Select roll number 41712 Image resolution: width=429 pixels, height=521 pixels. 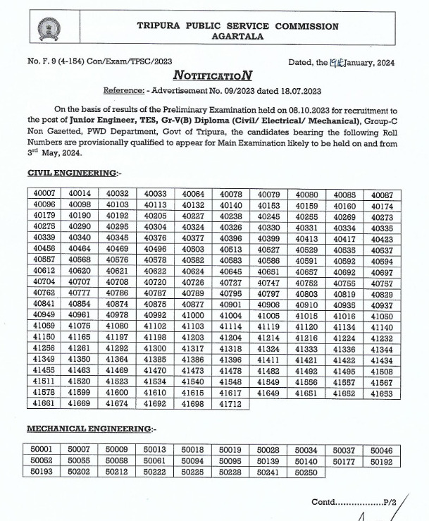point(231,403)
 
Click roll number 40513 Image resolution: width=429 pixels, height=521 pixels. point(231,248)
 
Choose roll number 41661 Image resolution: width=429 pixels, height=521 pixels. point(44,403)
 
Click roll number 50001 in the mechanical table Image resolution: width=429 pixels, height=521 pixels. point(44,450)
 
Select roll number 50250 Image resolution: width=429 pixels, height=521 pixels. point(306,472)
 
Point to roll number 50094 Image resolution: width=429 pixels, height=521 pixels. point(193,461)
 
